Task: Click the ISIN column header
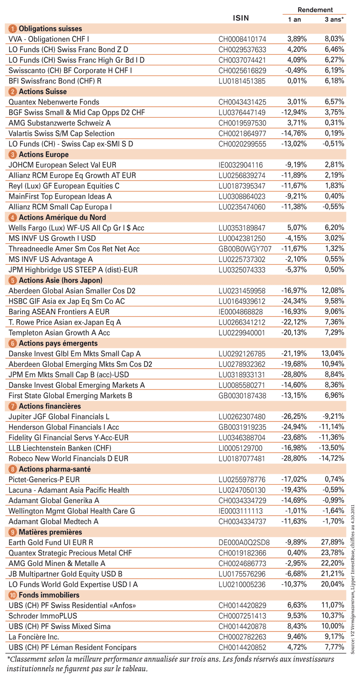[241, 18]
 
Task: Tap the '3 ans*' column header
[334, 20]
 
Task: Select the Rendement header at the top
[315, 10]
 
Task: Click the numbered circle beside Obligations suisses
[12, 29]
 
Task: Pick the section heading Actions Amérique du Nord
[62, 217]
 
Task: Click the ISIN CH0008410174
[242, 39]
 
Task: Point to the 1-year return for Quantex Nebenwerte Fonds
[297, 102]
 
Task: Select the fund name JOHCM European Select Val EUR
[62, 165]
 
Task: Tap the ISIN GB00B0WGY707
[245, 249]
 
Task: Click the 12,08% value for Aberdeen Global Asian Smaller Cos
[333, 291]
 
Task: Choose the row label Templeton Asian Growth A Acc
[59, 333]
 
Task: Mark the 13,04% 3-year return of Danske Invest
[333, 353]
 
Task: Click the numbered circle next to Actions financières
[12, 406]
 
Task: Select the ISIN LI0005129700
[240, 448]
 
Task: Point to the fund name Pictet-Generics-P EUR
[44, 480]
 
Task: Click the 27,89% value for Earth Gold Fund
[333, 542]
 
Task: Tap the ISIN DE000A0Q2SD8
[244, 542]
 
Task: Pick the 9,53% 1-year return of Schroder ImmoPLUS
[297, 616]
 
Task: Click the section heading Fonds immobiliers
[49, 595]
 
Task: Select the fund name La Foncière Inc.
[34, 637]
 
